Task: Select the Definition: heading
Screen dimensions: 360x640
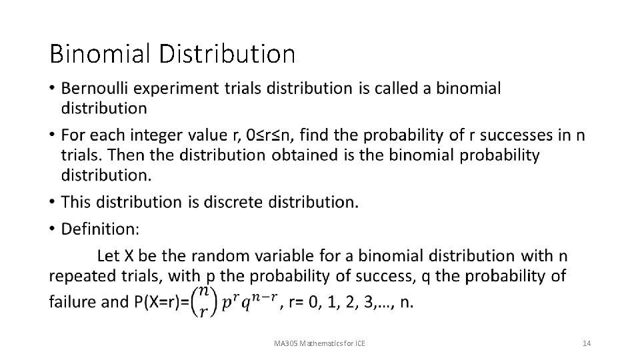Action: (x=101, y=229)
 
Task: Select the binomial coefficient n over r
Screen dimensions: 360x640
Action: (x=204, y=303)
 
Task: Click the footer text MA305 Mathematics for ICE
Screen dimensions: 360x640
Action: (x=324, y=343)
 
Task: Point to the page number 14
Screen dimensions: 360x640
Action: (x=587, y=343)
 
